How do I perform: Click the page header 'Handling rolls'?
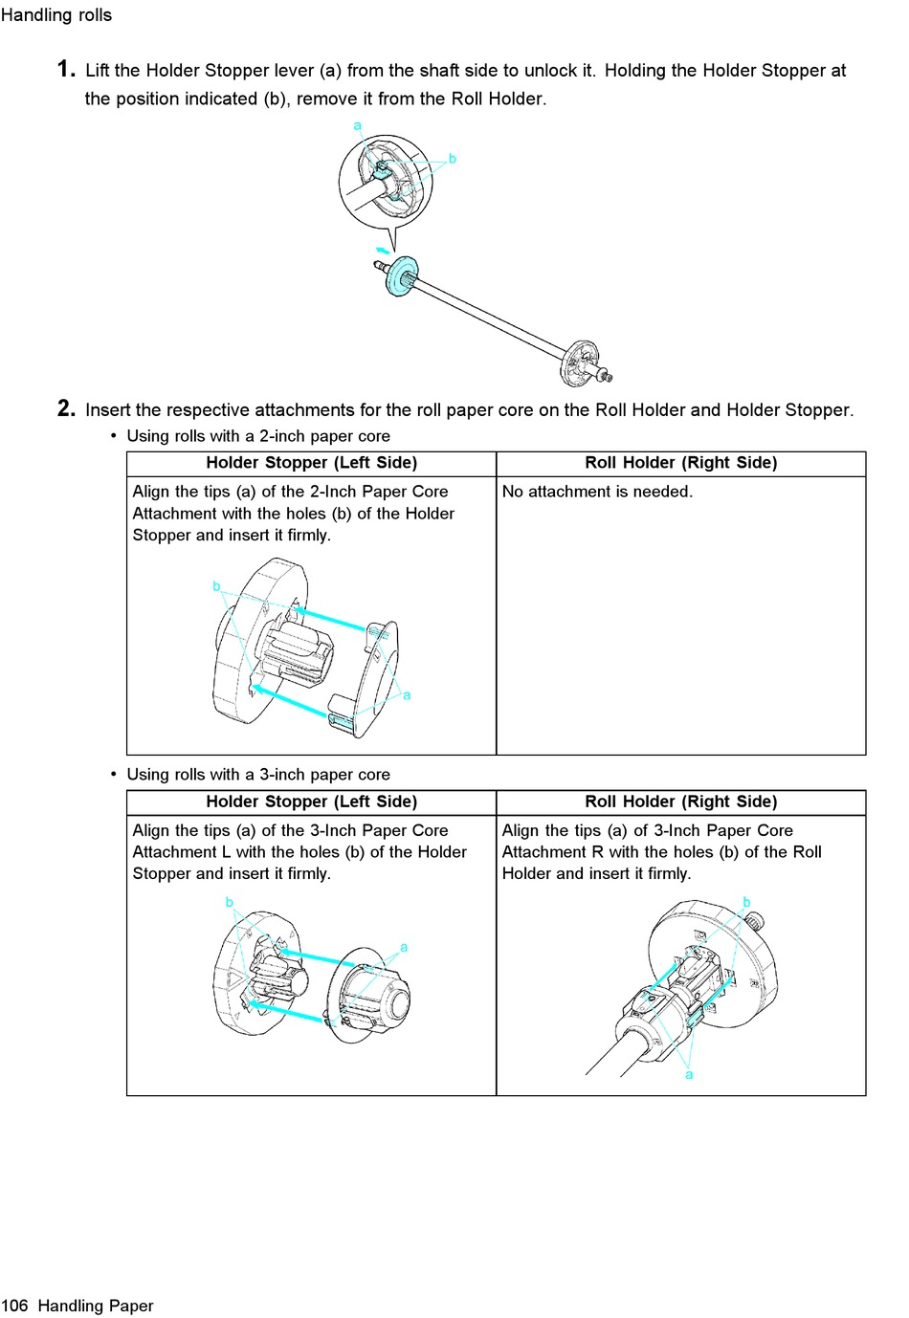(x=56, y=15)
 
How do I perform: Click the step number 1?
(x=65, y=69)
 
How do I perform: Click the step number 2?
(x=65, y=408)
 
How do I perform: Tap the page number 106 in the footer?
(x=15, y=1306)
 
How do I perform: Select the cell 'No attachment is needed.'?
(x=597, y=492)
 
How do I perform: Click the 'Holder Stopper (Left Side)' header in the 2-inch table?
(x=311, y=463)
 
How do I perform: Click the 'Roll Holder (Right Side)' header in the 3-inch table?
(x=680, y=802)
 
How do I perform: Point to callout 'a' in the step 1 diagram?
(x=357, y=126)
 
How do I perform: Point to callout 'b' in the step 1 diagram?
(x=453, y=159)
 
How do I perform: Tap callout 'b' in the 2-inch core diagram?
(x=216, y=586)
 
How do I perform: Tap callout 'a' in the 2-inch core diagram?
(x=407, y=695)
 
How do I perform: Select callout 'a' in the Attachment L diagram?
(x=404, y=947)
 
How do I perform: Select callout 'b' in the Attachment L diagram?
(x=229, y=902)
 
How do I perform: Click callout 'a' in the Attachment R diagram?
(x=689, y=1075)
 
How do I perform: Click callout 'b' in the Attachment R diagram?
(x=746, y=902)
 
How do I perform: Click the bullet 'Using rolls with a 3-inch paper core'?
(x=258, y=775)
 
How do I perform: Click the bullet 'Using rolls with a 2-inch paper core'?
(x=258, y=436)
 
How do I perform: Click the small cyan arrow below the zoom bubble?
(x=383, y=251)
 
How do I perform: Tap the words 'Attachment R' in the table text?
(x=552, y=851)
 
